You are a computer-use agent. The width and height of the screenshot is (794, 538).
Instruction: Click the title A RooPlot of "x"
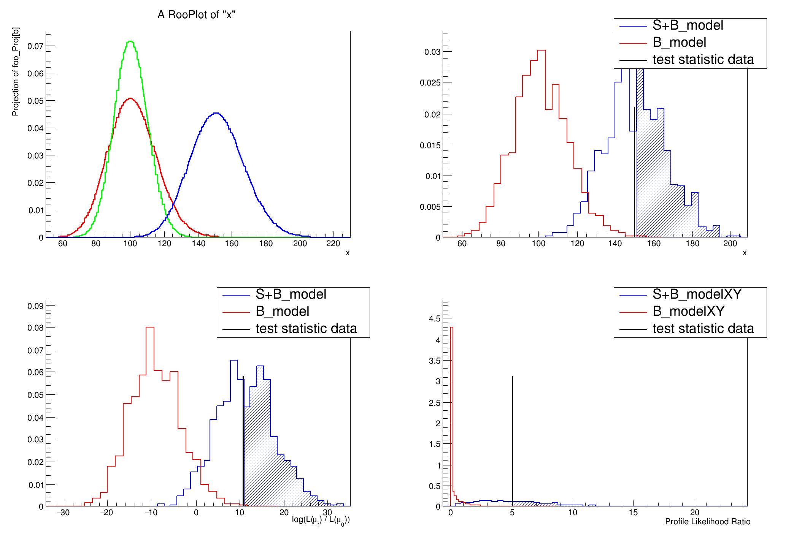196,15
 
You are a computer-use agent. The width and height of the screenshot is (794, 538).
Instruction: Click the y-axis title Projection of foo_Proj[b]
16,71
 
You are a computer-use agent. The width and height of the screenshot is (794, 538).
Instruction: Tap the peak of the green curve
130,41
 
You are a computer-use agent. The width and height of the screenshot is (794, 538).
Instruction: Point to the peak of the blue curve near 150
216,113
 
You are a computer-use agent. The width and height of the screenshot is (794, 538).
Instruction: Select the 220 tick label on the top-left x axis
333,244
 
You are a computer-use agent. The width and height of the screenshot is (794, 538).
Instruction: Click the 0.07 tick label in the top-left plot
35,46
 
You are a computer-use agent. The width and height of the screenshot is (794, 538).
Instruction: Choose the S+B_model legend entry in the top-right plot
688,25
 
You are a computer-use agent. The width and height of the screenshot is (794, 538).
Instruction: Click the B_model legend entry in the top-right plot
679,43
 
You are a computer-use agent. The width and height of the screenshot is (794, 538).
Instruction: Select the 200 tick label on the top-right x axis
730,244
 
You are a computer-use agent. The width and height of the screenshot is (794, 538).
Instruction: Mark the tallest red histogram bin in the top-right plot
541,51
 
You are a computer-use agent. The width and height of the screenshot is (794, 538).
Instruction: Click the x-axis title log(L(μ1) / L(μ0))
321,520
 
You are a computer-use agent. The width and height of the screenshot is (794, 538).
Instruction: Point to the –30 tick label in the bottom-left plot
63,513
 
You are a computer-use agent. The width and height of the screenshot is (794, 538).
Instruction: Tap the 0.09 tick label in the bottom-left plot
35,306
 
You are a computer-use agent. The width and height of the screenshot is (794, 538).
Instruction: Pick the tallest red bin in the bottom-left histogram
150,328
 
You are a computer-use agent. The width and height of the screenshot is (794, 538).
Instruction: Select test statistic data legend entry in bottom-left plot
306,329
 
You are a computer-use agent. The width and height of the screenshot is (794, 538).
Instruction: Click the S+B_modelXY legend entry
697,294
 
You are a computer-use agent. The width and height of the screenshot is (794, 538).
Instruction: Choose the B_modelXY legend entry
688,312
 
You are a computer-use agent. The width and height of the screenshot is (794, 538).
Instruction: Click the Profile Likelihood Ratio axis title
707,522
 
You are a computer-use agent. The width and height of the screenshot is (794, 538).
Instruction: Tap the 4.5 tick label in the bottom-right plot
435,319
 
